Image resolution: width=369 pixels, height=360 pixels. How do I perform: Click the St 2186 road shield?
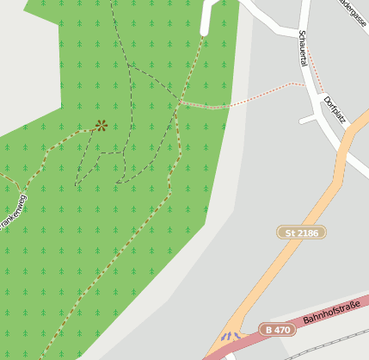[x=302, y=233]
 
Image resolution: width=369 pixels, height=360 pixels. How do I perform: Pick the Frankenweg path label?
[x=13, y=212]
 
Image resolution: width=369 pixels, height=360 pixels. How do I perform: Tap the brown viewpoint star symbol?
[x=101, y=126]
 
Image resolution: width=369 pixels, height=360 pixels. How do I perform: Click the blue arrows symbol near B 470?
[x=230, y=337]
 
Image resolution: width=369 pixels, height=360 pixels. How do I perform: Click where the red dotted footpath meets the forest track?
[x=178, y=102]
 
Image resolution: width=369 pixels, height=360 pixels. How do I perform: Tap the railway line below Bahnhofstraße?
[x=335, y=340]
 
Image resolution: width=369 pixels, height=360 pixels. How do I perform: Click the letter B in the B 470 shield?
[x=269, y=329]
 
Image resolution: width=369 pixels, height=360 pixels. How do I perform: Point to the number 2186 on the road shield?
[x=308, y=233]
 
